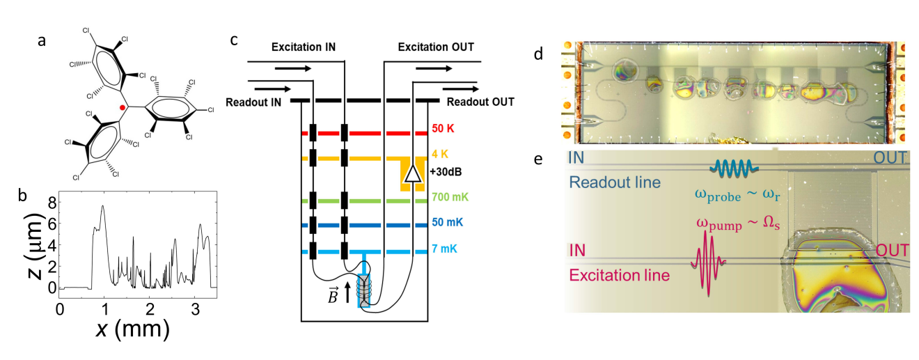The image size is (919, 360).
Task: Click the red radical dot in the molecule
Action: (122, 108)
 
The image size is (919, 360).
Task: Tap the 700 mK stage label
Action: (448, 199)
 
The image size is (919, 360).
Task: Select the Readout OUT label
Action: (480, 102)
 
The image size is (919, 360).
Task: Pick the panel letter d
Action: (540, 53)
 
